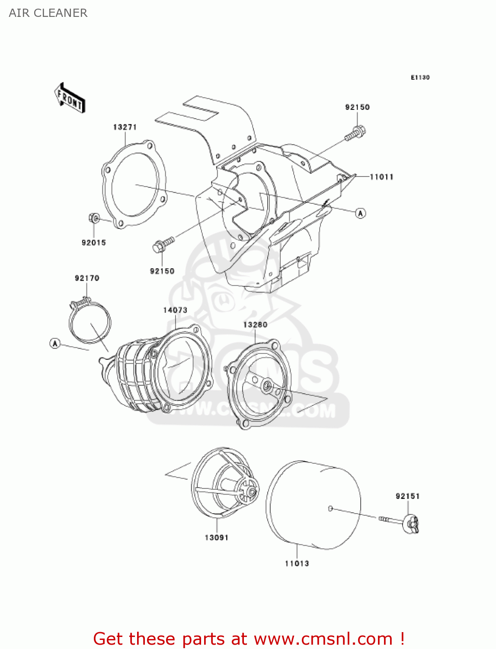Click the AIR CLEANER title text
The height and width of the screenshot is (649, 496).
[x=48, y=13]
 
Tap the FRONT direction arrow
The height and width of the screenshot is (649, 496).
[x=70, y=98]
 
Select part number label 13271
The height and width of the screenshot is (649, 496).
[x=125, y=127]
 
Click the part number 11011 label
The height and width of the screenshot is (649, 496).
[x=381, y=177]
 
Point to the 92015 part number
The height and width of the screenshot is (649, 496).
[x=94, y=243]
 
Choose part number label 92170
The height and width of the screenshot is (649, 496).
[x=87, y=278]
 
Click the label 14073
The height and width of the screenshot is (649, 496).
[x=175, y=310]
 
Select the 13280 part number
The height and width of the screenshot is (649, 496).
[x=255, y=324]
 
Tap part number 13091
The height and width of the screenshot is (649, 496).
[x=216, y=537]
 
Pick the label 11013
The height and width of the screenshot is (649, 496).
[x=297, y=563]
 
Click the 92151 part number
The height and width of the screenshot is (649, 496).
[x=407, y=496]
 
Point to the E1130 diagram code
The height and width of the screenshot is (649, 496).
[x=420, y=77]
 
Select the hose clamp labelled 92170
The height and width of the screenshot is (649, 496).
[x=90, y=322]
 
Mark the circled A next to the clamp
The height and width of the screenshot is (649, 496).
[x=55, y=344]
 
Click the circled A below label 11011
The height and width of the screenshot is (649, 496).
[x=361, y=213]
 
